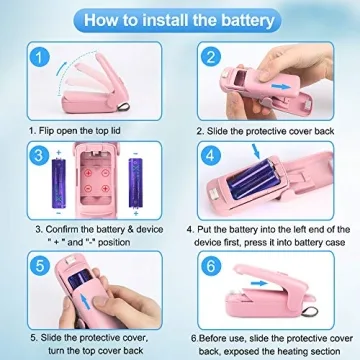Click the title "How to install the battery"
(x=180, y=17)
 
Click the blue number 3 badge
(x=36, y=156)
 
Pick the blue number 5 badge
(x=36, y=265)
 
